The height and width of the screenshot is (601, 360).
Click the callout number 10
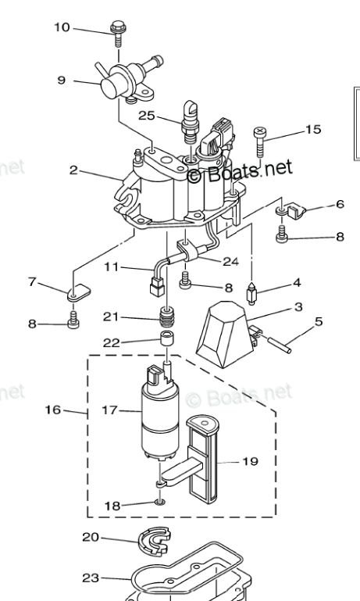pyautogui.click(x=62, y=27)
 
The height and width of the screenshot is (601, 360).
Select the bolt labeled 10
pyautogui.click(x=118, y=34)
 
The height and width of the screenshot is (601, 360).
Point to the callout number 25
pyautogui.click(x=146, y=116)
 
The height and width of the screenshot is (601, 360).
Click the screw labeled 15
pyautogui.click(x=260, y=141)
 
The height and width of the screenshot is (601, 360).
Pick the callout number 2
pyautogui.click(x=73, y=170)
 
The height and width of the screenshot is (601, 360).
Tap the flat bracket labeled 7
pyautogui.click(x=79, y=293)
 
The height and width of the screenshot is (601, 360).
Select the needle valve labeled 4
pyautogui.click(x=251, y=294)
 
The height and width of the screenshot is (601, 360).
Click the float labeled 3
pyautogui.click(x=225, y=334)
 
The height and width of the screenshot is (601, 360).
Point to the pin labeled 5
pyautogui.click(x=276, y=343)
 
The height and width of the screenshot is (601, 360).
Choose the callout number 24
pyautogui.click(x=230, y=261)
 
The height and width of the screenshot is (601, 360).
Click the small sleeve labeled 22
pyautogui.click(x=167, y=339)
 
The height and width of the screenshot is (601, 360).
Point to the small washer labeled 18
pyautogui.click(x=160, y=501)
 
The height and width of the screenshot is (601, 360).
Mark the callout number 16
pyautogui.click(x=53, y=410)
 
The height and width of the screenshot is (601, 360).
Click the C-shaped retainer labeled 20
pyautogui.click(x=154, y=541)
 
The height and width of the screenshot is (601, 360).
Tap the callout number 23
pyautogui.click(x=91, y=578)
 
